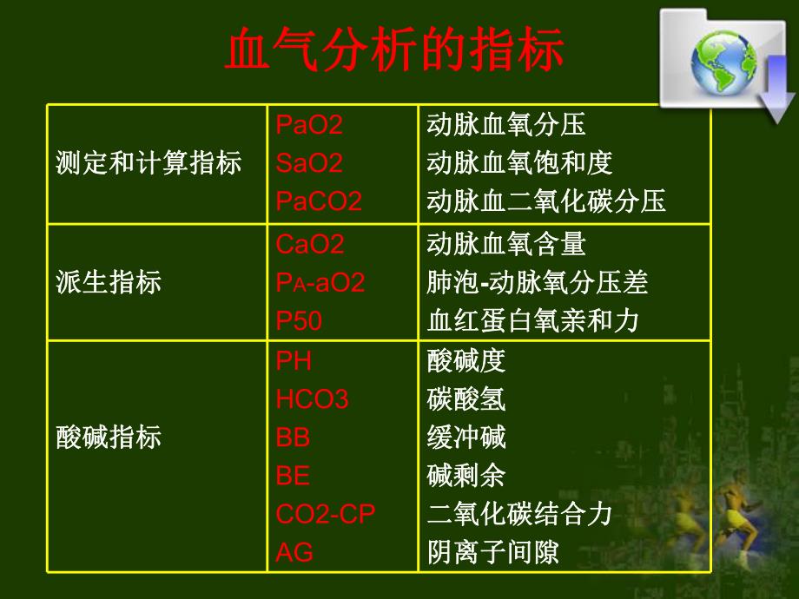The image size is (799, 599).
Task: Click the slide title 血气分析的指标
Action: pyautogui.click(x=394, y=51)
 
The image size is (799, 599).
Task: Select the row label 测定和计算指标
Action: pyautogui.click(x=149, y=163)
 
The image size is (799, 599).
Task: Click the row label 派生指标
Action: pyautogui.click(x=109, y=283)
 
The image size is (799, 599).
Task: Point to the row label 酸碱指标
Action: pyautogui.click(x=109, y=437)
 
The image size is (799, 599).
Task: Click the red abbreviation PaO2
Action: pyautogui.click(x=309, y=125)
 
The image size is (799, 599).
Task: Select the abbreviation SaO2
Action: pyautogui.click(x=309, y=163)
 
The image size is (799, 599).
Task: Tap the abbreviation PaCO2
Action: pyautogui.click(x=318, y=201)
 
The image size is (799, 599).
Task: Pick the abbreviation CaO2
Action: pyautogui.click(x=309, y=245)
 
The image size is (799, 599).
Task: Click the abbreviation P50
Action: pyautogui.click(x=299, y=321)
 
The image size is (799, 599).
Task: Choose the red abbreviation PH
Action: pyautogui.click(x=294, y=360)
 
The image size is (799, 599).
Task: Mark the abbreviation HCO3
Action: pyautogui.click(x=312, y=399)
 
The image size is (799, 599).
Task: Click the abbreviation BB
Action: pyautogui.click(x=293, y=438)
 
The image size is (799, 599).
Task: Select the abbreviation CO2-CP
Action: pyautogui.click(x=325, y=514)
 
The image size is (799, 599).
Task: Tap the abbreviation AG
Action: pyautogui.click(x=294, y=552)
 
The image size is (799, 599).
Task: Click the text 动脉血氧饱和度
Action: pyautogui.click(x=519, y=163)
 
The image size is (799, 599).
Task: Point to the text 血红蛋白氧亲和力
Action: pyautogui.click(x=532, y=321)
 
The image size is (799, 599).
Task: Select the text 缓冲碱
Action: pyautogui.click(x=466, y=438)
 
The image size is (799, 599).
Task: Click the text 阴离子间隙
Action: pyautogui.click(x=492, y=552)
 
